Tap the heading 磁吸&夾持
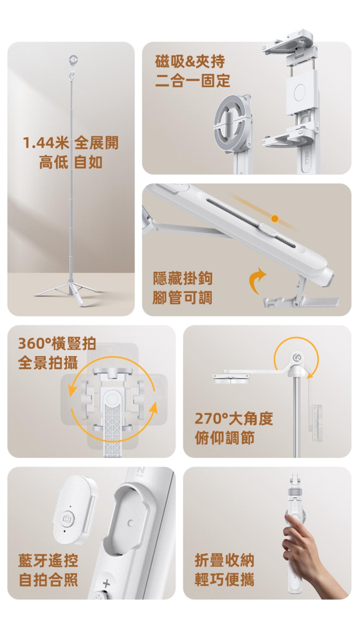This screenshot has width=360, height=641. pos(190,62)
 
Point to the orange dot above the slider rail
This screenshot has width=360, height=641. pos(274,218)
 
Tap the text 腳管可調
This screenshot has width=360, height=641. pos(182,298)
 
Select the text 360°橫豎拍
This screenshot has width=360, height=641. pos(57,344)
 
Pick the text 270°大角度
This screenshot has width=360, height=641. pos(234,419)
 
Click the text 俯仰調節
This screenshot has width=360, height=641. pos(224,438)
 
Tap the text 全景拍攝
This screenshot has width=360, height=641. pos(48,363)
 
